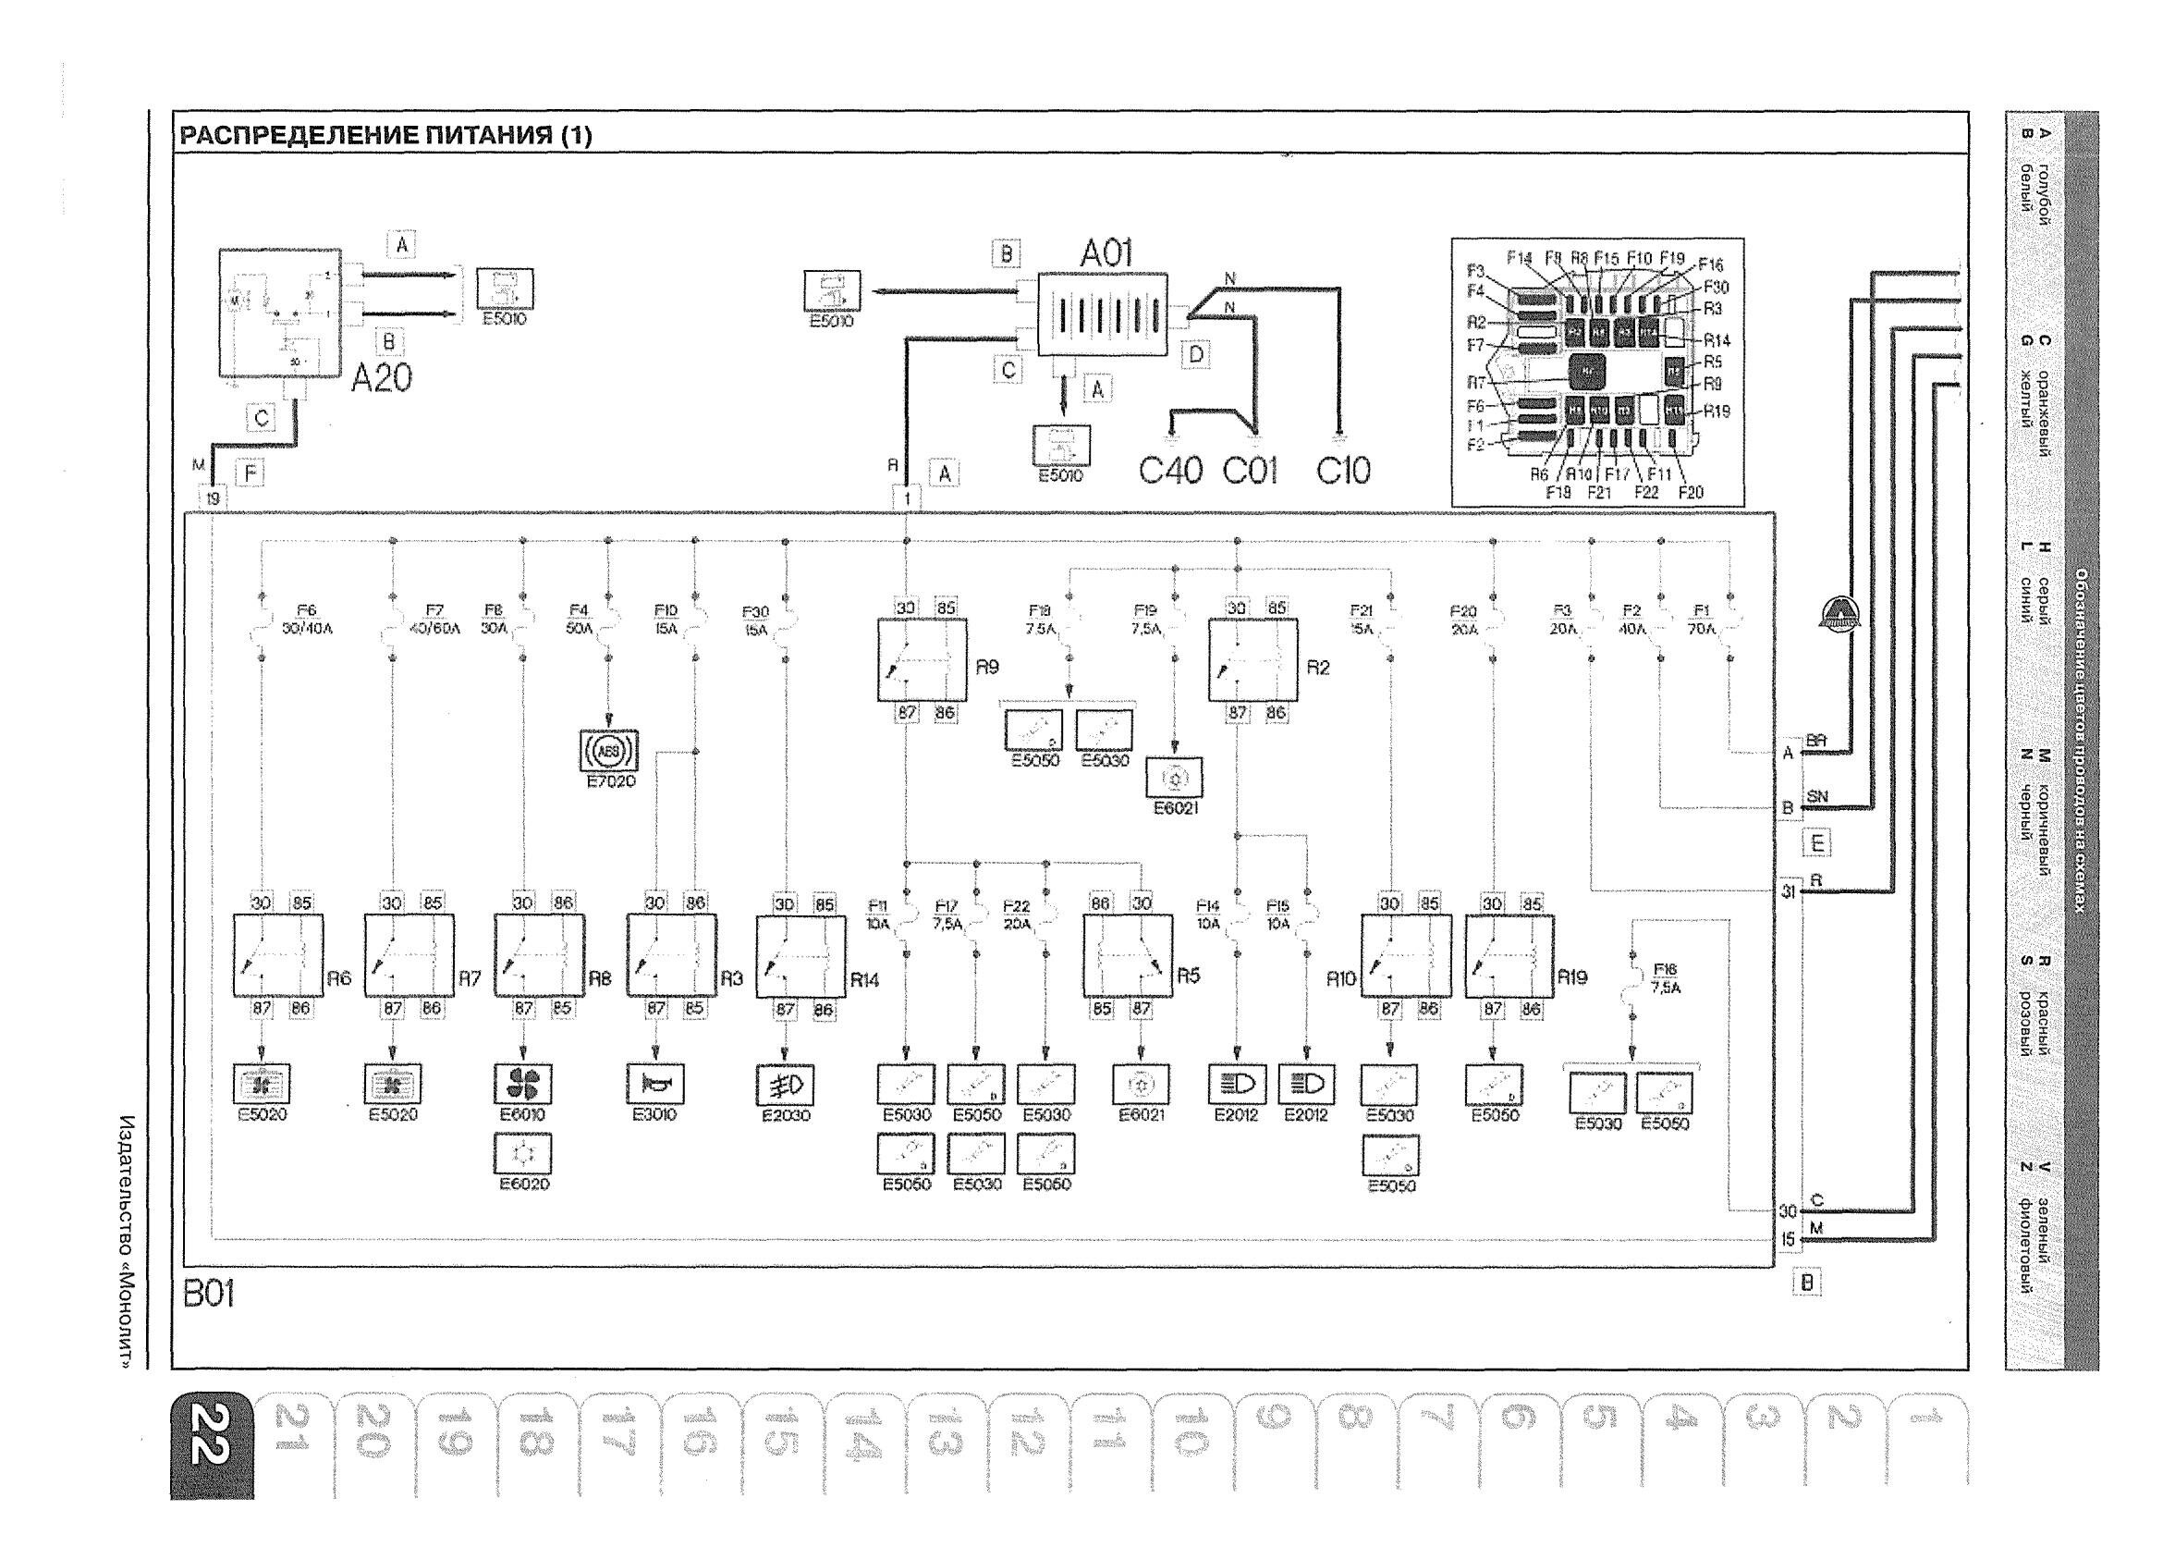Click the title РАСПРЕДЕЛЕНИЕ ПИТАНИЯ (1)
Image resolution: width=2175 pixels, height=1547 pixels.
coord(385,135)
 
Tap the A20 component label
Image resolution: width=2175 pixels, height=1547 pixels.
coord(381,378)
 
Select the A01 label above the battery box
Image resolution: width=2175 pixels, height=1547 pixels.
coord(1106,253)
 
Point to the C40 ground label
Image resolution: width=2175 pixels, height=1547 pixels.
coord(1170,470)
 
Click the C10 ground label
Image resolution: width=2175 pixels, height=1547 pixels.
coord(1343,470)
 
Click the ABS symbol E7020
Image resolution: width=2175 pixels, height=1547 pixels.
coord(608,752)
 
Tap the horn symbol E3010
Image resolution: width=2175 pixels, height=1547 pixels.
coord(654,1084)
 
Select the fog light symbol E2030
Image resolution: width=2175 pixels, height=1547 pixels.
coord(785,1084)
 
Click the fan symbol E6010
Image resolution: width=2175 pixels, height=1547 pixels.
coord(523,1084)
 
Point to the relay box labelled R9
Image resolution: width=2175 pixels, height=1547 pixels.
coord(921,659)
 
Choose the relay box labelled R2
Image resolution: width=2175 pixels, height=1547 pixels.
coord(1252,659)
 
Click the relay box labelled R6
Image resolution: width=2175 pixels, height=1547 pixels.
coord(278,955)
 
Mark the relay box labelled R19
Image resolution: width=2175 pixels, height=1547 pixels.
coord(1509,955)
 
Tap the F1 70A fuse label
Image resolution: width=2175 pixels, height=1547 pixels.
coord(1702,620)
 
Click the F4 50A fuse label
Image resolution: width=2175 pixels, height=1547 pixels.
coord(579,620)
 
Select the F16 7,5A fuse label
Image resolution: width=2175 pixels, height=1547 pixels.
coord(1665,978)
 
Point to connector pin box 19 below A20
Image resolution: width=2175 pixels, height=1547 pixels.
coord(212,497)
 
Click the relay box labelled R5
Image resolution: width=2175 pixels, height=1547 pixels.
coord(1127,955)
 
